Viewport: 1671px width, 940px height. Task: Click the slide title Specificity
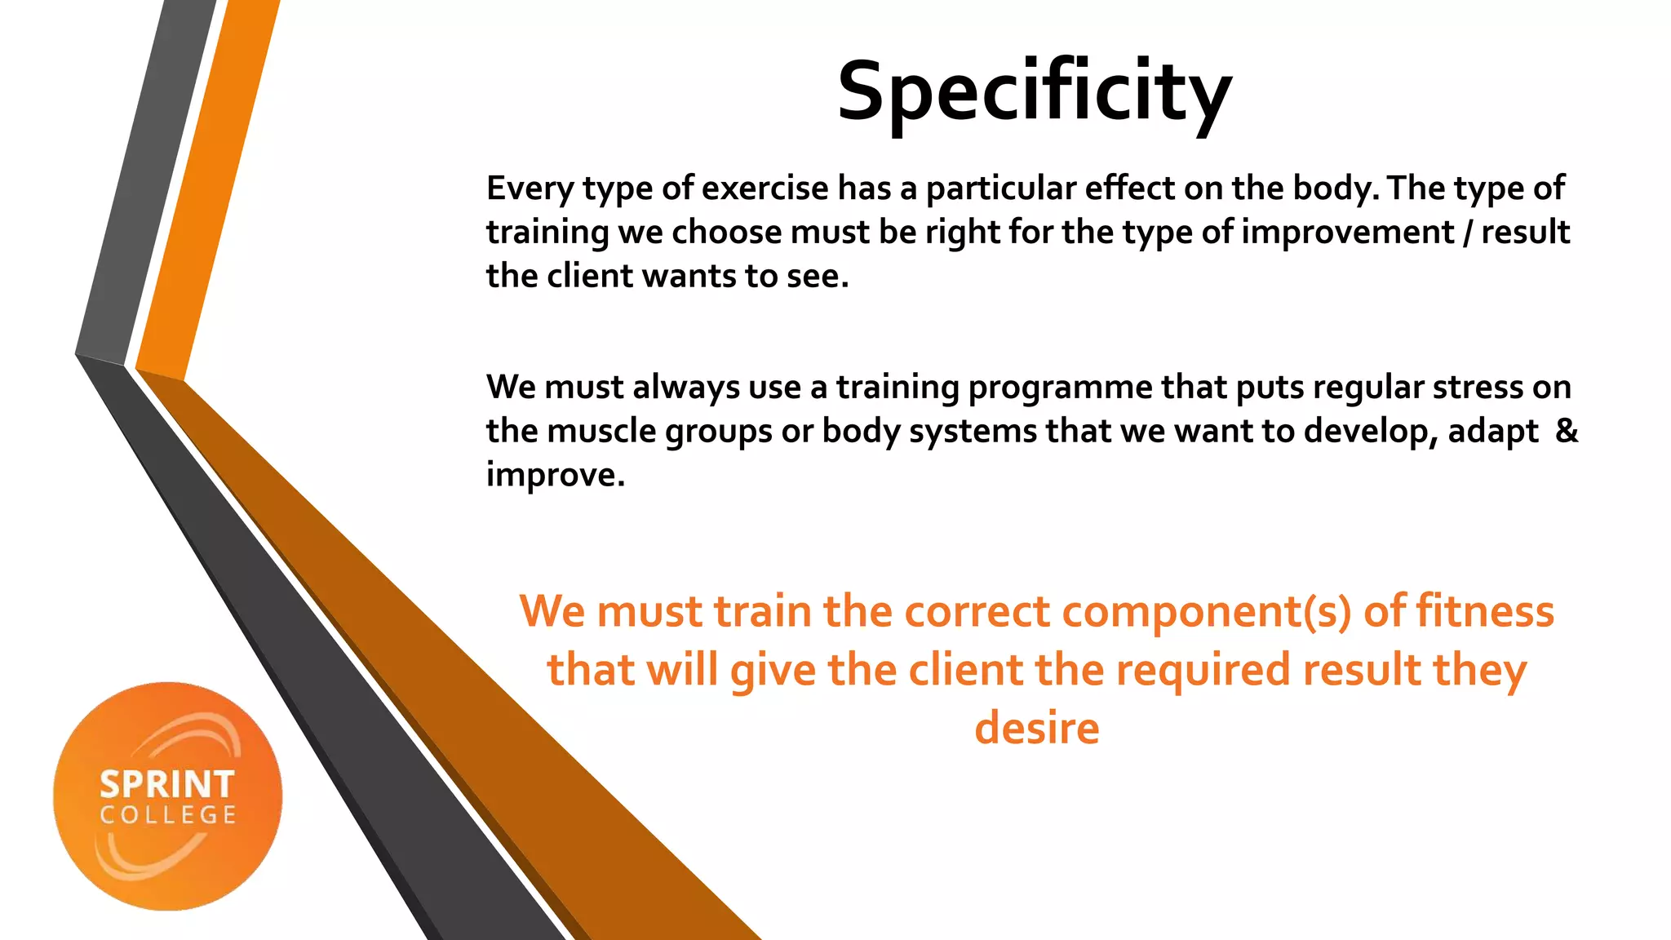pos(1034,91)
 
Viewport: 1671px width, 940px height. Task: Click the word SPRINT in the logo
pos(167,785)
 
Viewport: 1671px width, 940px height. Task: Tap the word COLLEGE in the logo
pos(168,815)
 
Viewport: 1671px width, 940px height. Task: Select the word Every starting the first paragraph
pos(530,189)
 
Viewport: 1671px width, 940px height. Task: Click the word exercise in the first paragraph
pos(765,188)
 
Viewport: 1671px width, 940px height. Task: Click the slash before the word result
pos(1468,233)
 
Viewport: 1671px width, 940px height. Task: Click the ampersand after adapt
pos(1566,430)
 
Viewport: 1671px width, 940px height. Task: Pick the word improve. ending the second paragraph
pos(555,475)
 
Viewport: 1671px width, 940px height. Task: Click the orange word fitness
pos(1484,611)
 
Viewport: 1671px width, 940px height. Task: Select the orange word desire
pos(1036,728)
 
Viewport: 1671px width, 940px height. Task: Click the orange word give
pos(772,672)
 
